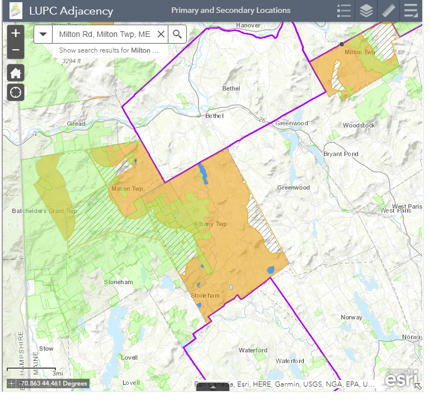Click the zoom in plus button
click(x=16, y=33)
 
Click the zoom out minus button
click(x=16, y=50)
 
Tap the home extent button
click(x=16, y=73)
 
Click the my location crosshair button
click(x=16, y=92)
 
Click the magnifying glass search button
click(x=177, y=34)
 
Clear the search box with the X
click(x=161, y=34)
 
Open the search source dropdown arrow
click(x=43, y=34)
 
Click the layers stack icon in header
click(x=366, y=11)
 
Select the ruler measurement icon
click(x=388, y=11)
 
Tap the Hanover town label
click(x=248, y=26)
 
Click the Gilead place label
click(x=76, y=124)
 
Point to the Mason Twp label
click(x=128, y=189)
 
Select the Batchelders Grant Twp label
click(x=44, y=211)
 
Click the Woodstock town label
click(x=359, y=125)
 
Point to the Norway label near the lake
click(x=351, y=317)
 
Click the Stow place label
click(x=46, y=349)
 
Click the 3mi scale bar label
click(x=58, y=373)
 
